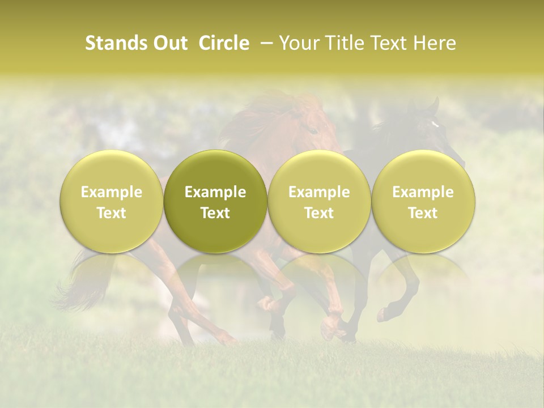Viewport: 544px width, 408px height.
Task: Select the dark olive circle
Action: [x=215, y=201]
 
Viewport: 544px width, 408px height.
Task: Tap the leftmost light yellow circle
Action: [x=112, y=201]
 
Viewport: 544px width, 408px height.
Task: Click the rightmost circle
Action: [x=423, y=201]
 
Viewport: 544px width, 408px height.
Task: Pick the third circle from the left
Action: [x=319, y=201]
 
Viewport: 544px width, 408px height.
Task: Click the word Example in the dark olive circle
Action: [x=215, y=192]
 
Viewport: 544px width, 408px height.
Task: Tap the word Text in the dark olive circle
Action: [x=215, y=213]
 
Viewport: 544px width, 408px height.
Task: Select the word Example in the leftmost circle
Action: [x=112, y=192]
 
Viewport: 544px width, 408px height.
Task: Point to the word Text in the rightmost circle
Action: [x=423, y=213]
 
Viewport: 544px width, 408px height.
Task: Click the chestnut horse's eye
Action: [x=312, y=130]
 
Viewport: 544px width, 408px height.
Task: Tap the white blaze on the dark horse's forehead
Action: [x=435, y=124]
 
